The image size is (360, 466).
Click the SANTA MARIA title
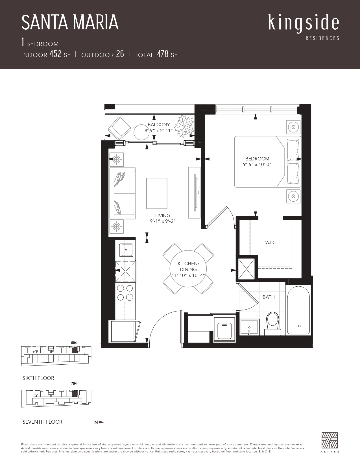coord(70,22)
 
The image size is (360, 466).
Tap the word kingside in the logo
coord(304,23)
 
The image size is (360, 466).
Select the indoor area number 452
coord(55,54)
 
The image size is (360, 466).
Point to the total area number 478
coord(163,54)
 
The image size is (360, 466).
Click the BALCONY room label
coord(159,125)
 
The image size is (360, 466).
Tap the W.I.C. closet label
coord(270,243)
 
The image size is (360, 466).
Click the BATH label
coord(269,297)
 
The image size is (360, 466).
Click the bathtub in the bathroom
coord(298,310)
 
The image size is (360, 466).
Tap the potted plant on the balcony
coord(184,126)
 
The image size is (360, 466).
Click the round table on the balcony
coord(142,132)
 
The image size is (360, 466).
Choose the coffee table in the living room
coord(157,193)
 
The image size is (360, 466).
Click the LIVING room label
coord(163,215)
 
